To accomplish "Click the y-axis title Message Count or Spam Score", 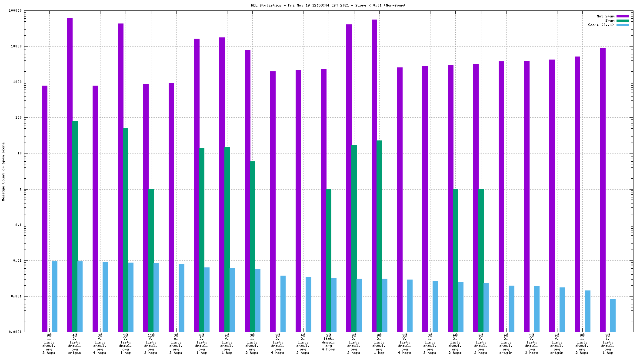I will [x=3, y=172].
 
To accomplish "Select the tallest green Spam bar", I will [x=75, y=226].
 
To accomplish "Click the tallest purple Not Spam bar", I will [x=70, y=174].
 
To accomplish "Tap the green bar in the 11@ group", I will [x=151, y=260].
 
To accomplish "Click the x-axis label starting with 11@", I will [x=151, y=344].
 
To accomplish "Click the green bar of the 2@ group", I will [x=329, y=260].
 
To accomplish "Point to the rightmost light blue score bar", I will [x=613, y=315].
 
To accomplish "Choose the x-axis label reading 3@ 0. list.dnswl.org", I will [x=176, y=344].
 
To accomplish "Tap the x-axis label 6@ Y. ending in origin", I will [x=557, y=344].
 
